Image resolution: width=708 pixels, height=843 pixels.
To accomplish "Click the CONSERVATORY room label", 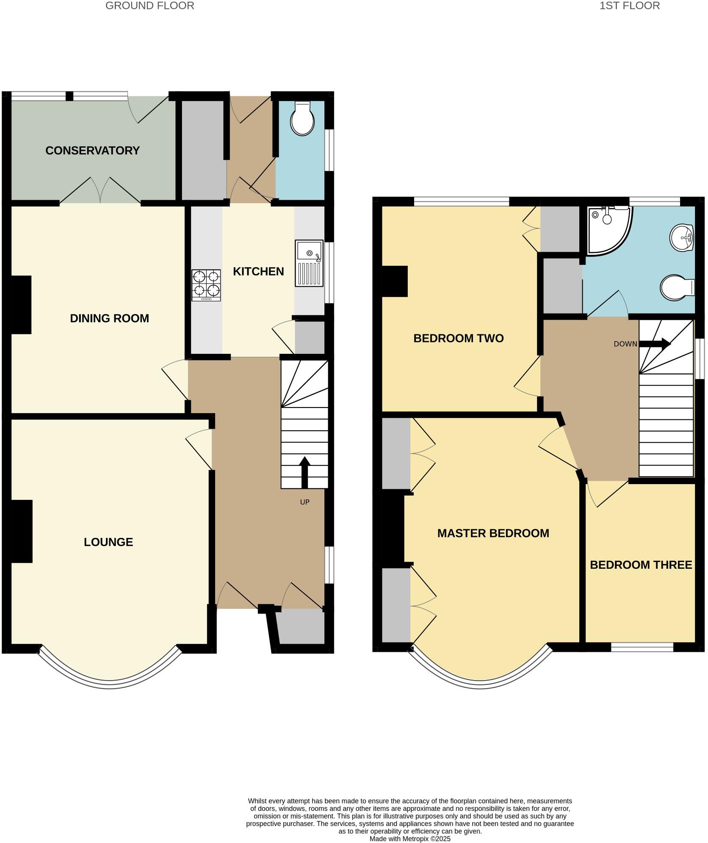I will pyautogui.click(x=92, y=151).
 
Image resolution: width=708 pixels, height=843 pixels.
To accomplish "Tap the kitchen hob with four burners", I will pyautogui.click(x=206, y=285).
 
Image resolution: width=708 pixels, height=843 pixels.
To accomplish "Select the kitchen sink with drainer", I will pyautogui.click(x=309, y=263).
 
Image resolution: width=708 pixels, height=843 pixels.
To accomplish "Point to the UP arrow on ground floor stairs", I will pyautogui.click(x=304, y=471).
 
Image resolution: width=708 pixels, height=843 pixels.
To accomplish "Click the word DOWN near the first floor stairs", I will pyautogui.click(x=625, y=344).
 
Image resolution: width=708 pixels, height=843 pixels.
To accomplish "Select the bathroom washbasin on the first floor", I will pyautogui.click(x=681, y=237).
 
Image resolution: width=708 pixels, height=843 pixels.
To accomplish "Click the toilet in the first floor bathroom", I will pyautogui.click(x=677, y=288).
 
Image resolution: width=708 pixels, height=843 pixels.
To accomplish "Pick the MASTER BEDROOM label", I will pyautogui.click(x=493, y=533).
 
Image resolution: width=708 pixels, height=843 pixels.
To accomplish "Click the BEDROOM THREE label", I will pyautogui.click(x=641, y=565).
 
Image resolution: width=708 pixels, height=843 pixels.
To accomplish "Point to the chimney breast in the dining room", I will pyautogui.click(x=20, y=305).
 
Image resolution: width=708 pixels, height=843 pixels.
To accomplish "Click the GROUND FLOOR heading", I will pyautogui.click(x=149, y=6).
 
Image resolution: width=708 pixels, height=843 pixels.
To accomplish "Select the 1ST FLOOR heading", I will pyautogui.click(x=629, y=6).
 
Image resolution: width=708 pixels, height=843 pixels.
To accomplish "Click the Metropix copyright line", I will pyautogui.click(x=409, y=838).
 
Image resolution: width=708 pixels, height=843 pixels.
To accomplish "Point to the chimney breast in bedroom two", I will pyautogui.click(x=395, y=281).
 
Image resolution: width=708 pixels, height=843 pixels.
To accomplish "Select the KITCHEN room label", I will pyautogui.click(x=258, y=272).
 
